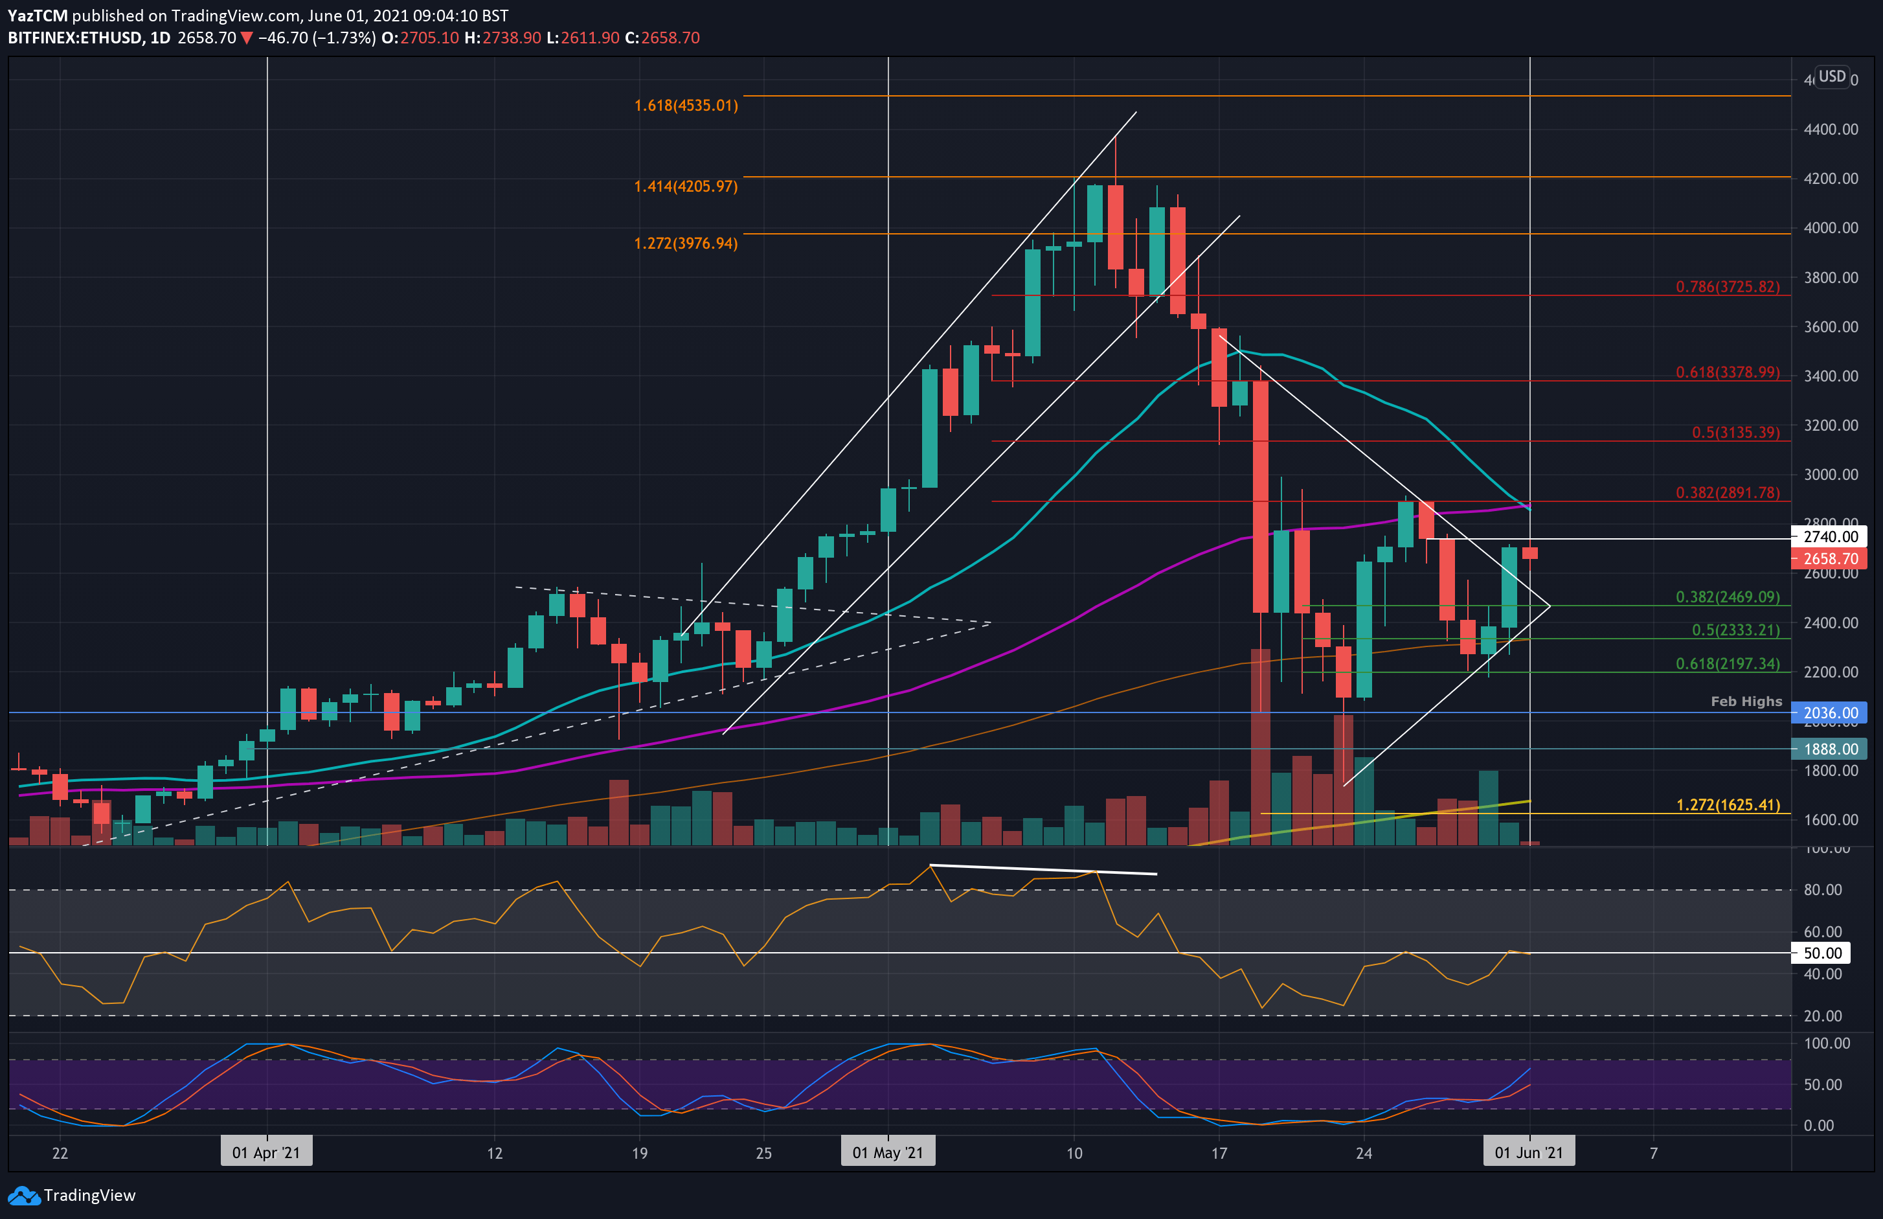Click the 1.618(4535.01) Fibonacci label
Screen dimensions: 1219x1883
point(685,106)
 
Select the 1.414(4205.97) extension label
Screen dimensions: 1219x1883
point(685,186)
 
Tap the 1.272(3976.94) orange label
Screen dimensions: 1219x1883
point(685,243)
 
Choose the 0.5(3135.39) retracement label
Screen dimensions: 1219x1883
point(1735,432)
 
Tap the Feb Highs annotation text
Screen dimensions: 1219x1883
point(1746,701)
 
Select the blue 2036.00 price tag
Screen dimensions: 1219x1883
point(1829,712)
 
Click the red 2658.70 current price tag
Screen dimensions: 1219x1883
point(1829,559)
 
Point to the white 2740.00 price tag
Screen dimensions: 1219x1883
point(1829,537)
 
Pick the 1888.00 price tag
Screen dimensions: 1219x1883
point(1829,749)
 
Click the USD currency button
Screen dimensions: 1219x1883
point(1832,77)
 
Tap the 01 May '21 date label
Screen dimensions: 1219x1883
point(888,1152)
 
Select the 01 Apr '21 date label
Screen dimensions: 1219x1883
point(266,1152)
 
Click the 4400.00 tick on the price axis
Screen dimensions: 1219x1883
point(1831,129)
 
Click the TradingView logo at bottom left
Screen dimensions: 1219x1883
point(72,1195)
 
